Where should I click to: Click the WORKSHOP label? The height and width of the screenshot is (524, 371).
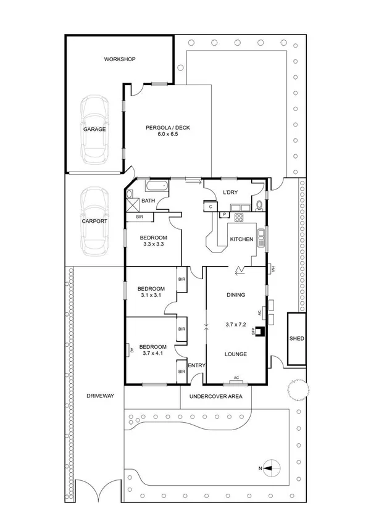pos(119,59)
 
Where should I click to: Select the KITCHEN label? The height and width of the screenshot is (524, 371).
pos(241,239)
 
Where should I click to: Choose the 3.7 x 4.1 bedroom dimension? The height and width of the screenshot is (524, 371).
pos(150,354)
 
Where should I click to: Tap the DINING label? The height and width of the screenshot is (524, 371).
pos(236,295)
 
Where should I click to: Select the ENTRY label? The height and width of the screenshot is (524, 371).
pos(196,366)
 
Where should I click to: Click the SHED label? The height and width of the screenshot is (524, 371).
pos(296,339)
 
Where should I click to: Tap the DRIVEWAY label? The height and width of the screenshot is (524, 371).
pos(100,396)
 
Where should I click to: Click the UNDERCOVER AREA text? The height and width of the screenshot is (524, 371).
pos(215,396)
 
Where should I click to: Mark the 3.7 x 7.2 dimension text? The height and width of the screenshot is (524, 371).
pos(236,324)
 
